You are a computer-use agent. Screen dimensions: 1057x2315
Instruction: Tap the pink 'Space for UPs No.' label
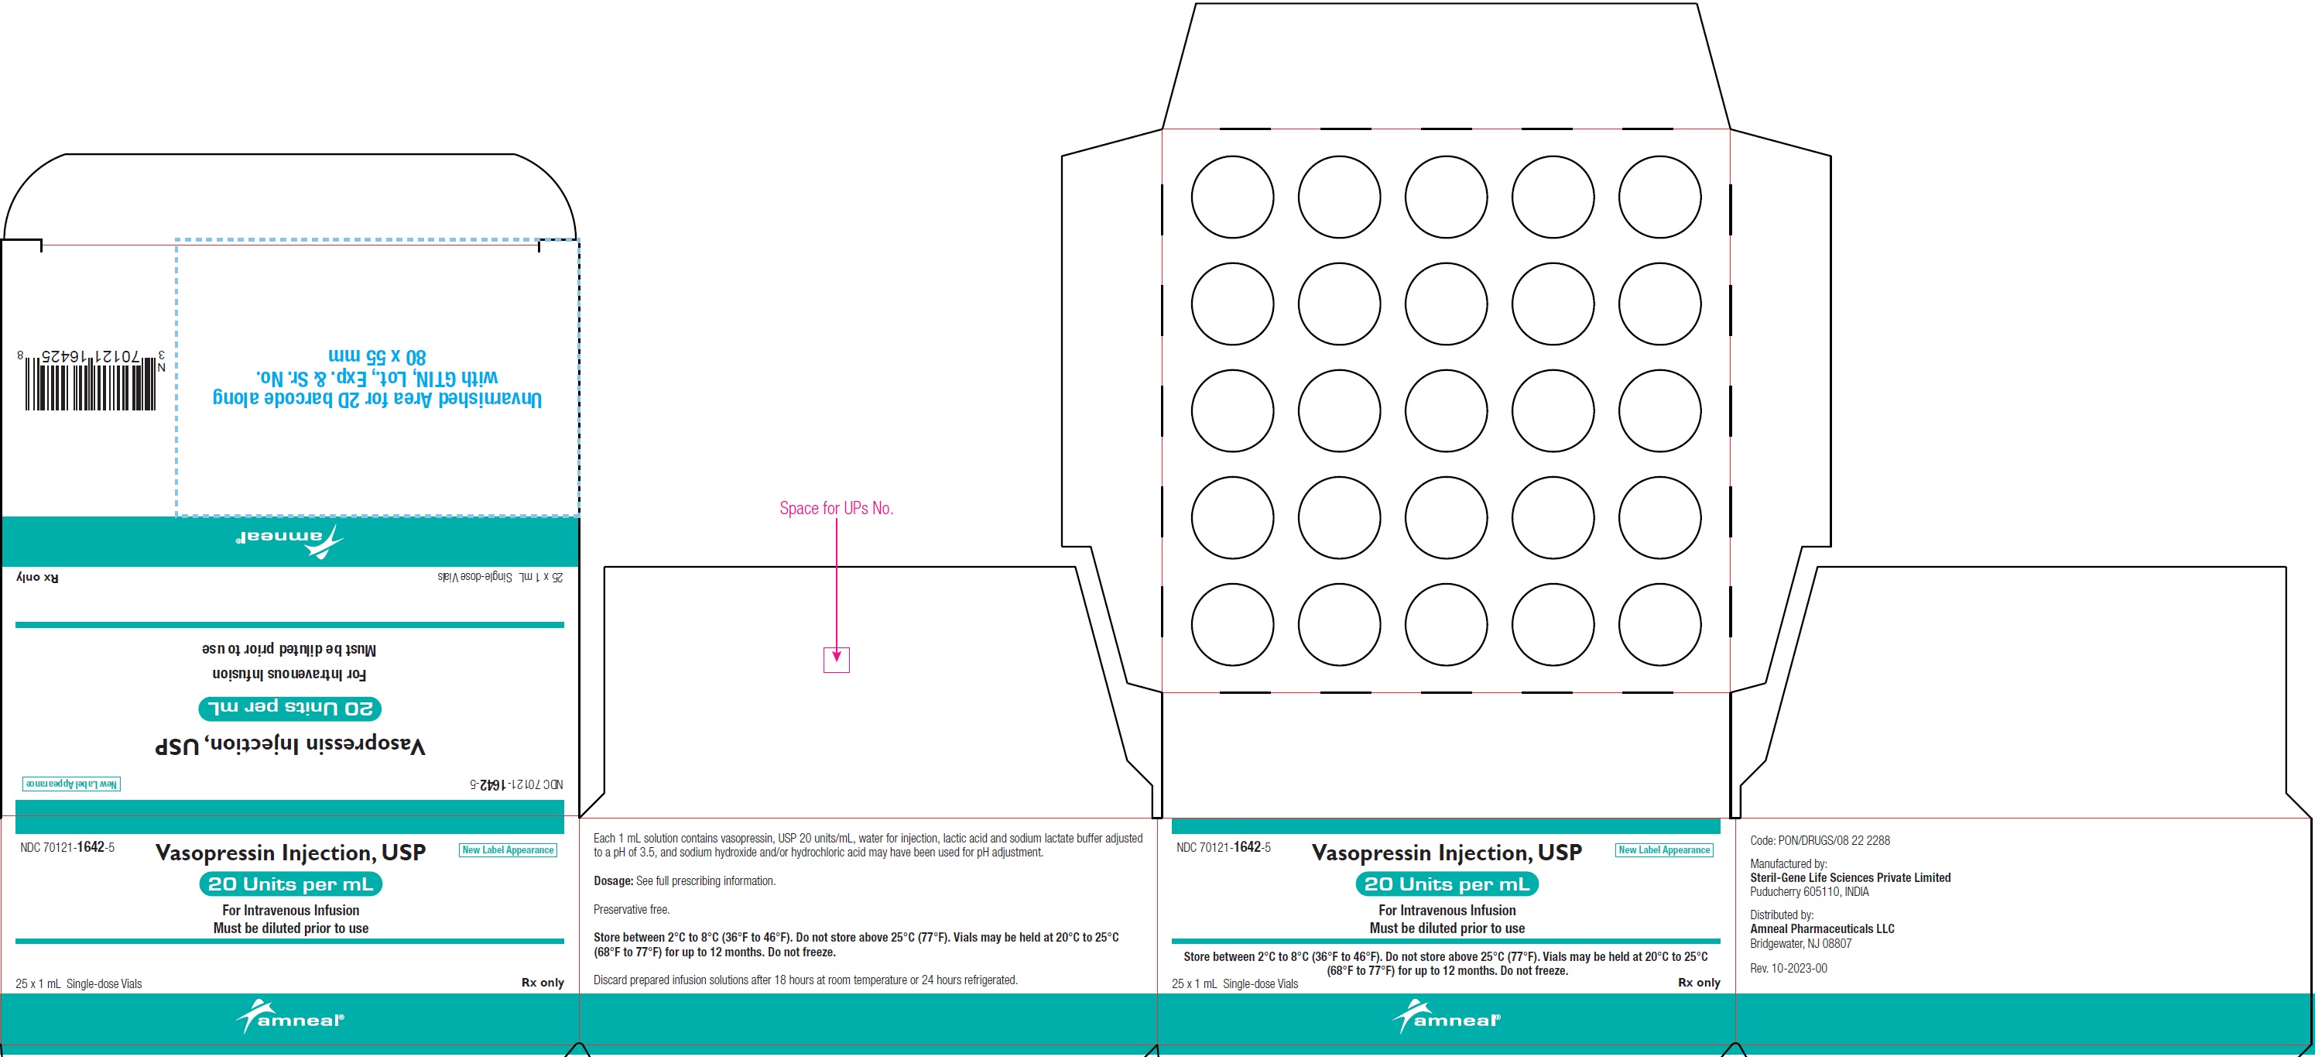[836, 508]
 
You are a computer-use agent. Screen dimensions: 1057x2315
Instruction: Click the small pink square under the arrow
[837, 660]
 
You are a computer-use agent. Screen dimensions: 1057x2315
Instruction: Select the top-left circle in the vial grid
[1232, 197]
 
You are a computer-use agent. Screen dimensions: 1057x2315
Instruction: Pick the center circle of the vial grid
[1446, 410]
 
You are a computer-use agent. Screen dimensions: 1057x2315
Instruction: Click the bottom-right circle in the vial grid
[1660, 625]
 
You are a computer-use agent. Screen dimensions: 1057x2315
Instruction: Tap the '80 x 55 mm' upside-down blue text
[378, 356]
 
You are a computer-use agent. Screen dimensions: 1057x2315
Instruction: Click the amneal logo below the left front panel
[290, 1018]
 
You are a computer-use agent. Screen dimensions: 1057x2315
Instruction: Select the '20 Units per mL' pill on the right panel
[1447, 884]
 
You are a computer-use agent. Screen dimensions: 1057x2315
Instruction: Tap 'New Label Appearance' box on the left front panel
[508, 849]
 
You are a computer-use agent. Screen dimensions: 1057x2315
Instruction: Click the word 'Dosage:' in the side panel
[614, 881]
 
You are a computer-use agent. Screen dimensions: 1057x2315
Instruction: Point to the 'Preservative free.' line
[631, 910]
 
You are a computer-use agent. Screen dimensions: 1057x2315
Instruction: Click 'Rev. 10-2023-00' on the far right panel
[1789, 969]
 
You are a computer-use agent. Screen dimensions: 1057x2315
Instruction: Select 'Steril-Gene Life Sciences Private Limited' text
[1851, 878]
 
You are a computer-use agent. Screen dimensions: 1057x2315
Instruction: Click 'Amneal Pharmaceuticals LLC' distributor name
[1822, 929]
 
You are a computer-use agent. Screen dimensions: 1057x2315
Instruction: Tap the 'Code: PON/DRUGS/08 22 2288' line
[1820, 840]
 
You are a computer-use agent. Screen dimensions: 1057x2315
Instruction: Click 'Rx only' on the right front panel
[1698, 983]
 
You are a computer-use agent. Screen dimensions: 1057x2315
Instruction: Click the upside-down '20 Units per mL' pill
[290, 709]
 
